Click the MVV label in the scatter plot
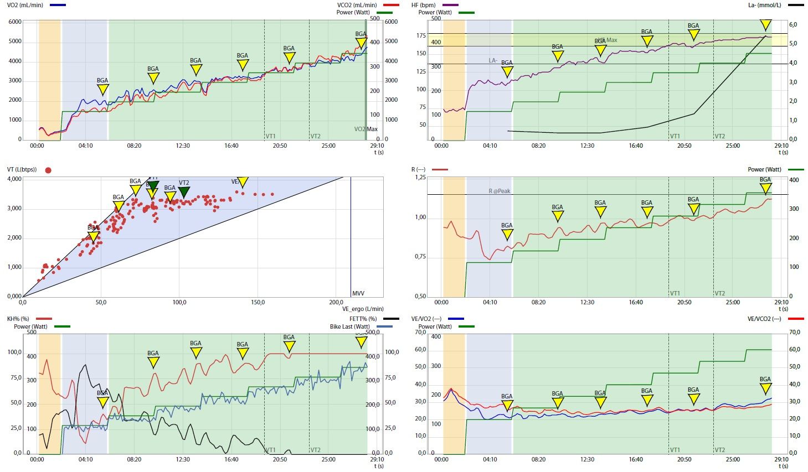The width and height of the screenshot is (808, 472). pyautogui.click(x=358, y=293)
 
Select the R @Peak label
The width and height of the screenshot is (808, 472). pyautogui.click(x=500, y=191)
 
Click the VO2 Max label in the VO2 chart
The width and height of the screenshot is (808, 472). pyautogui.click(x=366, y=129)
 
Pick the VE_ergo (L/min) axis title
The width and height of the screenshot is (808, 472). pyautogui.click(x=362, y=309)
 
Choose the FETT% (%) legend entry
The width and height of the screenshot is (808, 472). pyautogui.click(x=363, y=319)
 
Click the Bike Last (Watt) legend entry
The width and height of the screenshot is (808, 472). pyautogui.click(x=349, y=326)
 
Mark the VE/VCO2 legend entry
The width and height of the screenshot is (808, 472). pyautogui.click(x=764, y=319)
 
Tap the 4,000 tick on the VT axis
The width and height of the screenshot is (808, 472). pyautogui.click(x=14, y=179)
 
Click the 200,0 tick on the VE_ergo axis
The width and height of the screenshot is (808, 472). pyautogui.click(x=336, y=303)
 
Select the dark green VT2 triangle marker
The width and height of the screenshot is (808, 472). pyautogui.click(x=184, y=192)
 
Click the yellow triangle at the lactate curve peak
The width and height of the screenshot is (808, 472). pyautogui.click(x=765, y=25)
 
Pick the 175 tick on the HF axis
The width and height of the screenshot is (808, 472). pyautogui.click(x=421, y=35)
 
